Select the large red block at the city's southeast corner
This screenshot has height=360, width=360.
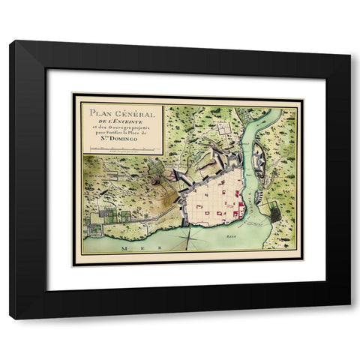click(x=238, y=213)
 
